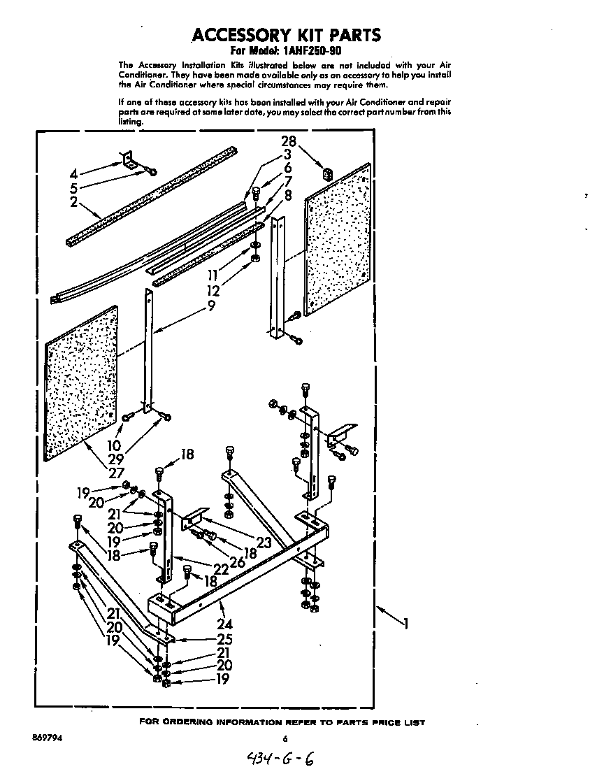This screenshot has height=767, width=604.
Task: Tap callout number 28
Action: (289, 141)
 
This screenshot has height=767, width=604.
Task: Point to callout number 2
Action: (74, 203)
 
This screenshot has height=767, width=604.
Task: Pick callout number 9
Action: (211, 306)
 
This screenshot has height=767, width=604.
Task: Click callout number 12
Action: (213, 290)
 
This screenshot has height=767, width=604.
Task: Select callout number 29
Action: (114, 459)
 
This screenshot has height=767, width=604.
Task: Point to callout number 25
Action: (224, 639)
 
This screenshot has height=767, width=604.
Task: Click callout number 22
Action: (221, 568)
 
